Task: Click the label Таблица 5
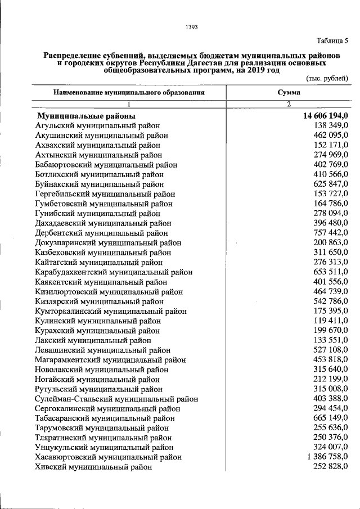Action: point(332,40)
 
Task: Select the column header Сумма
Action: point(289,92)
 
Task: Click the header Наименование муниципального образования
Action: point(129,92)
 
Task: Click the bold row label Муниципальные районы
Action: point(85,115)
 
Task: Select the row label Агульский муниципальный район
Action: point(97,125)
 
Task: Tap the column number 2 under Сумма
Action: point(289,104)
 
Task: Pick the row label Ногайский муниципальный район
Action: point(98,379)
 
